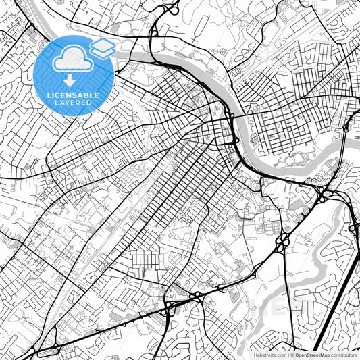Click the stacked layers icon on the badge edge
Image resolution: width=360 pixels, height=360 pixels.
point(103,47)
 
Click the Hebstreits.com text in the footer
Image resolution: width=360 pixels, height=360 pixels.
point(267,354)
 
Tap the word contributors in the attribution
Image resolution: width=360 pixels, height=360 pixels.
point(344,354)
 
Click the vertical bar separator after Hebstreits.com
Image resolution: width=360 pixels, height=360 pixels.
point(286,354)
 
